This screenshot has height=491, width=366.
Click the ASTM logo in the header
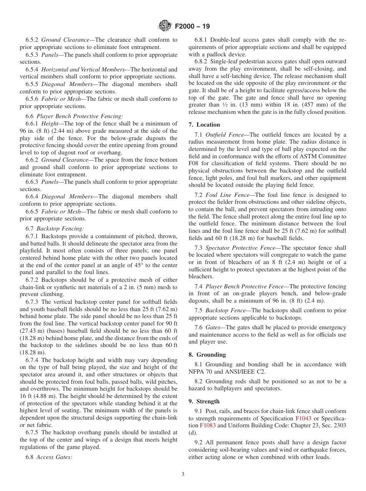(165, 26)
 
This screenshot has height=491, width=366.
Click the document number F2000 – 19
(192, 27)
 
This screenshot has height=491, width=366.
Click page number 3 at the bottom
(183, 474)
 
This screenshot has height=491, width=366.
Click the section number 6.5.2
(32, 40)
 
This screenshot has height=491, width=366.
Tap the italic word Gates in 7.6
(213, 327)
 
